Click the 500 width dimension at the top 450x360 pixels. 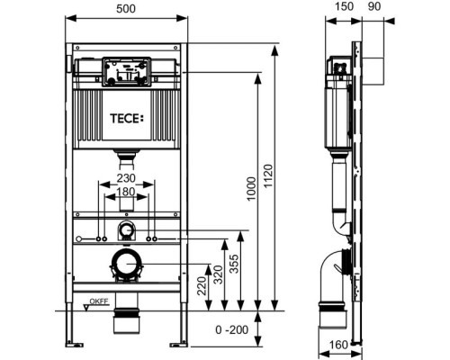[126, 9]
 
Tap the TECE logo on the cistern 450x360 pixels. [127, 119]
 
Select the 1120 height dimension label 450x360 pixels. [268, 176]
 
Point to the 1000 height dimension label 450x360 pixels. [251, 189]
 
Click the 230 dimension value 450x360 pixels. [126, 178]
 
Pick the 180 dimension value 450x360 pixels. [126, 192]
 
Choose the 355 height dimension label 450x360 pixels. [234, 264]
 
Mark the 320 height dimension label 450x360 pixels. [218, 275]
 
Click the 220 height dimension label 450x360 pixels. [202, 286]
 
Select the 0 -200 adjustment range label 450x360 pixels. [232, 330]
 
